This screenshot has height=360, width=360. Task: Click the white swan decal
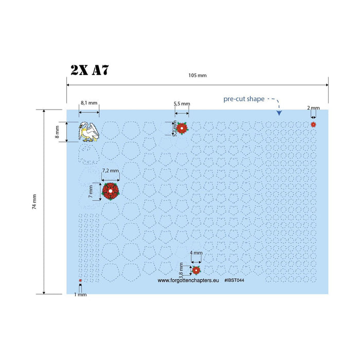click(89, 132)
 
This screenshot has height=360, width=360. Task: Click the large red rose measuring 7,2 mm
click(111, 191)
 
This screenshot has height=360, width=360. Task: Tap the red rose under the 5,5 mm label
click(182, 128)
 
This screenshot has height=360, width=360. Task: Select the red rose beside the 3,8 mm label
click(196, 271)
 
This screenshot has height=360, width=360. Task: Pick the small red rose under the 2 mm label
click(313, 124)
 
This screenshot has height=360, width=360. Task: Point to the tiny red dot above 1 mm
click(80, 280)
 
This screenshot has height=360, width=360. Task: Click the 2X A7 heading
click(89, 70)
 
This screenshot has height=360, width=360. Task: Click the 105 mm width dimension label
click(197, 75)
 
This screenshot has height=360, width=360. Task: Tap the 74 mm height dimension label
click(34, 202)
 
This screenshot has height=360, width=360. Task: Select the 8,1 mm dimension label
click(89, 103)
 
